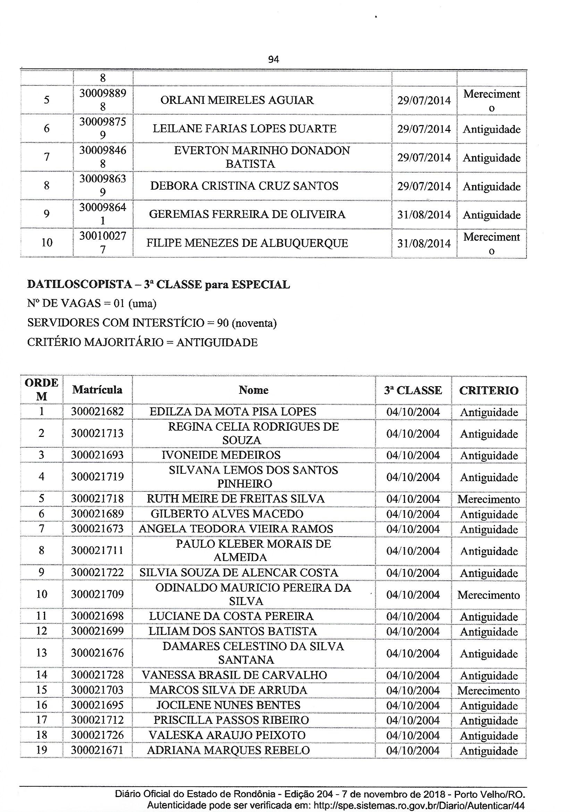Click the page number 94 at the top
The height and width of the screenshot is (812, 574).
[x=273, y=60]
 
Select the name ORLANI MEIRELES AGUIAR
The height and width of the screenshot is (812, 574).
[x=237, y=100]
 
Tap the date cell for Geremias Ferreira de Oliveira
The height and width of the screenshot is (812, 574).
[x=424, y=215]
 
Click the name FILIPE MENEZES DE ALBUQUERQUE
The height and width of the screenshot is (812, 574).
[x=247, y=243]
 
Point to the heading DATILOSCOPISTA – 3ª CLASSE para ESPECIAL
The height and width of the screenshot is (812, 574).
[x=158, y=285]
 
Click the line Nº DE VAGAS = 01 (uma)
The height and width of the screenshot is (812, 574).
[x=92, y=304]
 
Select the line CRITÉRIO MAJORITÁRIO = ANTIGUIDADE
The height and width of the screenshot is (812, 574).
[x=142, y=342]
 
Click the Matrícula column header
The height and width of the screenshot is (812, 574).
[x=97, y=390]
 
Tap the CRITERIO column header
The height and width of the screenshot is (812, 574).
[x=489, y=390]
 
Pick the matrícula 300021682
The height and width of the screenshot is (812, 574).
[x=97, y=412]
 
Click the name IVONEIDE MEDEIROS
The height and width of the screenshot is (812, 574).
[x=221, y=455]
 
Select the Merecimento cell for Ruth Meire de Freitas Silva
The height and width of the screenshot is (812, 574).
[x=489, y=499]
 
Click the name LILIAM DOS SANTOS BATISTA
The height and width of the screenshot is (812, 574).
[x=233, y=631]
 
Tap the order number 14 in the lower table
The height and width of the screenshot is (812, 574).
[x=42, y=675]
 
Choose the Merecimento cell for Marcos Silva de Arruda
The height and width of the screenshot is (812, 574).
[x=489, y=691]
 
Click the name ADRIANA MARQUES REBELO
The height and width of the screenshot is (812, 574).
[x=228, y=750]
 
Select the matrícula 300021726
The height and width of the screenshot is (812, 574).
[x=97, y=735]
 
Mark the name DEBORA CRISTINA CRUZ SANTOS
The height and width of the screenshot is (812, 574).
[x=244, y=186]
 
